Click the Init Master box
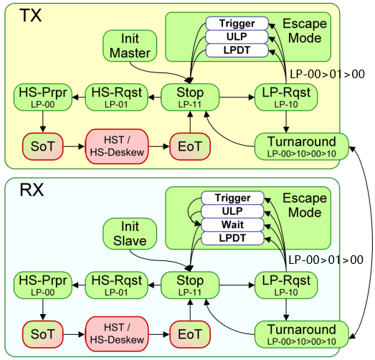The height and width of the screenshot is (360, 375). [x=130, y=44]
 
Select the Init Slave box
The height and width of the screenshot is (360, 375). [x=130, y=235]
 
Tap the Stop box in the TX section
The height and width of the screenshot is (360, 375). [x=190, y=96]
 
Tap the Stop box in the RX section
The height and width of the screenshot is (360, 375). [x=190, y=285]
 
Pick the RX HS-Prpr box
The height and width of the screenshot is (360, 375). [x=39, y=285]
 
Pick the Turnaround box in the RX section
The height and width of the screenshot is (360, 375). [x=301, y=334]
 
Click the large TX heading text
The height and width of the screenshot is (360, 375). [x=29, y=15]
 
